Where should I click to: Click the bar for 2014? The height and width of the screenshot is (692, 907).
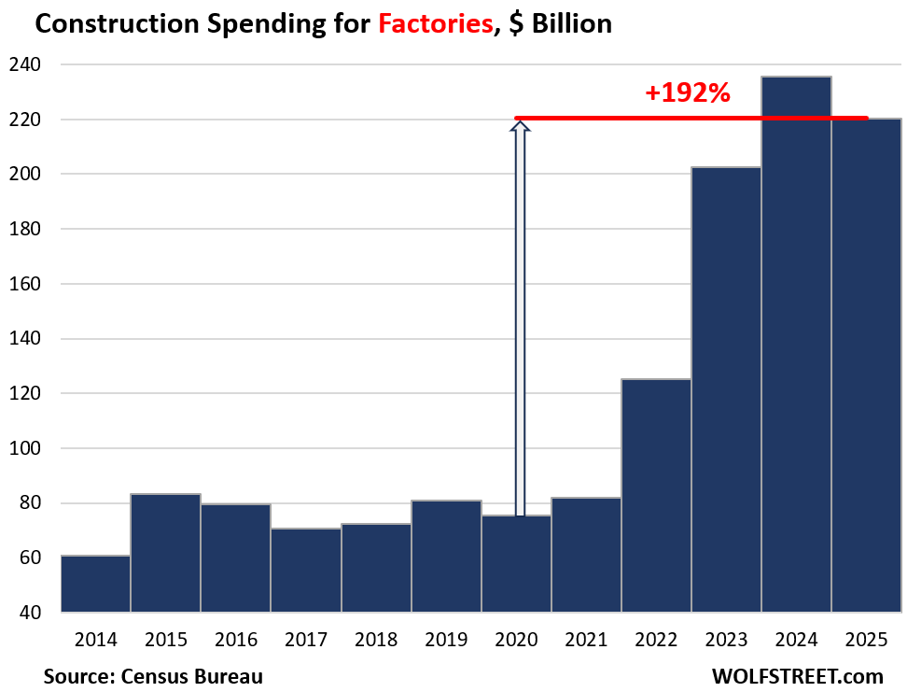[x=95, y=584]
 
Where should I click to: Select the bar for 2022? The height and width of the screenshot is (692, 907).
[x=656, y=495]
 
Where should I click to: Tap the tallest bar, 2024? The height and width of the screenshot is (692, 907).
[x=796, y=346]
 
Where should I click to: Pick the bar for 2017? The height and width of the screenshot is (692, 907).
[x=306, y=570]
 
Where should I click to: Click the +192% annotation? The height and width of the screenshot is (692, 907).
[x=687, y=92]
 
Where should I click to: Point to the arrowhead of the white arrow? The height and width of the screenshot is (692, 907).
[x=520, y=126]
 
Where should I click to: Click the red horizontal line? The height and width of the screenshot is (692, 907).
[x=691, y=118]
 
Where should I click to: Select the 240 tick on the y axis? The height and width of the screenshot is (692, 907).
[x=29, y=65]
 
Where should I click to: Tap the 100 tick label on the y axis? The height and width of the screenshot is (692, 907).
[x=29, y=448]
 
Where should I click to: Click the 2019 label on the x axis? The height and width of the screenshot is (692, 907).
[x=446, y=640]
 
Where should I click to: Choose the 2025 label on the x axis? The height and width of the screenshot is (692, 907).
[x=866, y=640]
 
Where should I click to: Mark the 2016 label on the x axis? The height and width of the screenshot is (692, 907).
[x=236, y=640]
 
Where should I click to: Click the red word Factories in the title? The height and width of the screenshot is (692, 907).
[x=436, y=23]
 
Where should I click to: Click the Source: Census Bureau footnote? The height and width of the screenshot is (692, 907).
[x=153, y=675]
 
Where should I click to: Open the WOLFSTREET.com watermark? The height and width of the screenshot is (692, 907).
[x=797, y=675]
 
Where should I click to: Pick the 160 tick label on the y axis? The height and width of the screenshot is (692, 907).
[x=29, y=284]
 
